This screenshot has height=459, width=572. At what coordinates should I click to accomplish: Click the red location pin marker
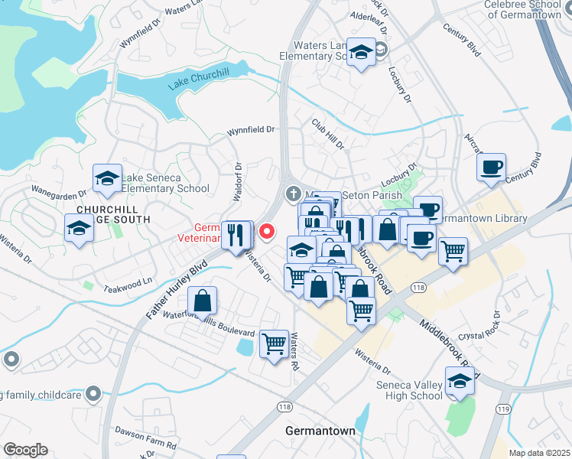point(267,230)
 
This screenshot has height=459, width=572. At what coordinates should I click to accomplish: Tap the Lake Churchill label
point(199,79)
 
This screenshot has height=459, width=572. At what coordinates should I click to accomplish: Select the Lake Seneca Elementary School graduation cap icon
point(107,179)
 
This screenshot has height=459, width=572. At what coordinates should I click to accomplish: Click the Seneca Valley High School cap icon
point(460,380)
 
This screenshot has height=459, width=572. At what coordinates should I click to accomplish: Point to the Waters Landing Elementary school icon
point(360,53)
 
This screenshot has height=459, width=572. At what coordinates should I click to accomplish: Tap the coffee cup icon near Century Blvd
point(491,167)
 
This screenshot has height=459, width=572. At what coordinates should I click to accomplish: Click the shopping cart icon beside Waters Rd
point(274,343)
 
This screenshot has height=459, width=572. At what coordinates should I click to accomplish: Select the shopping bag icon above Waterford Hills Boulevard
point(202,301)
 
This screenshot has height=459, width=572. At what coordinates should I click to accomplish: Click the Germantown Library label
point(484,219)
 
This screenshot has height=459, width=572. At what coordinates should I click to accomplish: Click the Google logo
point(26,449)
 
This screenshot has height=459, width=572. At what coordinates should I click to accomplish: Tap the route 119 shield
point(504,409)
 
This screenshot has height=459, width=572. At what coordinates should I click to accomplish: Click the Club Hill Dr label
point(328,134)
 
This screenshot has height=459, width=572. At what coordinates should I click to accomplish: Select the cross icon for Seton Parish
point(292,194)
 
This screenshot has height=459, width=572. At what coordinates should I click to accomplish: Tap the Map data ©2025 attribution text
point(539,453)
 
